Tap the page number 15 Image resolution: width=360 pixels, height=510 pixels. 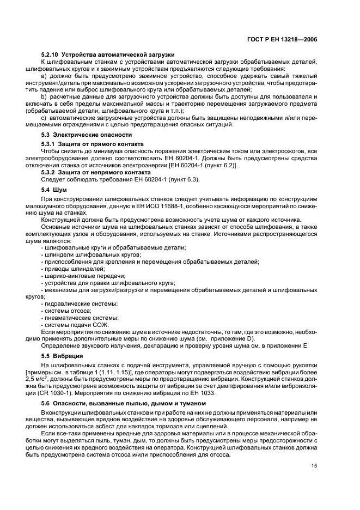pyautogui.click(x=314, y=465)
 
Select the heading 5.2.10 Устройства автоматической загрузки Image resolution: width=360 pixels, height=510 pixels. pyautogui.click(x=107, y=56)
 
